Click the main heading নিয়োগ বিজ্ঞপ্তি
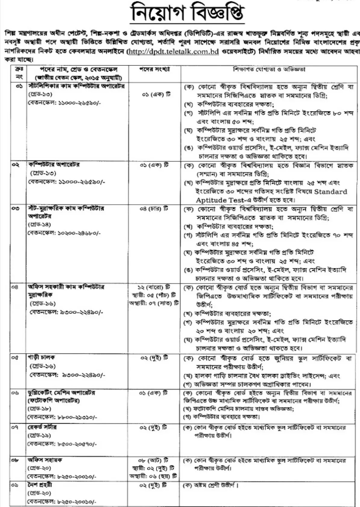pyautogui.click(x=180, y=13)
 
